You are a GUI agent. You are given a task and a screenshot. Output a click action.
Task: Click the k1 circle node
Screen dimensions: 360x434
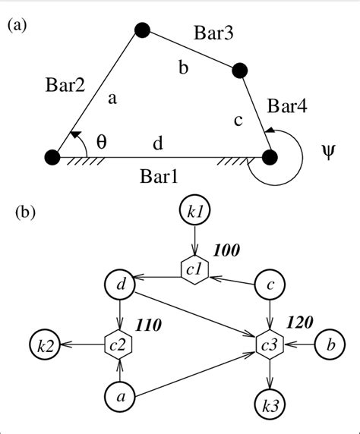[x=195, y=211]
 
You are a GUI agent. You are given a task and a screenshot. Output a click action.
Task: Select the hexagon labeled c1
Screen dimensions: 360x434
[x=194, y=270]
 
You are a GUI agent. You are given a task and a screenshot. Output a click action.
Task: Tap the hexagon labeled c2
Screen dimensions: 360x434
[x=118, y=344]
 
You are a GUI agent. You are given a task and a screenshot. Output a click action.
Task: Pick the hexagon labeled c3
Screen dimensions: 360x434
[x=270, y=344]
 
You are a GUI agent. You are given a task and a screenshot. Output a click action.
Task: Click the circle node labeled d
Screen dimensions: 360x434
[x=120, y=284]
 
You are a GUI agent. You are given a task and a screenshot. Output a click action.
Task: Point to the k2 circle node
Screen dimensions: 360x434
[x=45, y=344]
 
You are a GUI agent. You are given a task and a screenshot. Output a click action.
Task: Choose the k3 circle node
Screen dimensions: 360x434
[x=270, y=405]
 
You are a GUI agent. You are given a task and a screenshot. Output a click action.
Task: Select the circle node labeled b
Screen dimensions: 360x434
[x=330, y=344]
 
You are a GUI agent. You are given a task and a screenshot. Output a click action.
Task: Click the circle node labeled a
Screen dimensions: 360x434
[x=120, y=397]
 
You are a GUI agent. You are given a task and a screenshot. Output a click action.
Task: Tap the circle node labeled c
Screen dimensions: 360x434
[x=270, y=284]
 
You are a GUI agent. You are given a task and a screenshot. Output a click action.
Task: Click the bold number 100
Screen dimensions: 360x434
[x=226, y=250]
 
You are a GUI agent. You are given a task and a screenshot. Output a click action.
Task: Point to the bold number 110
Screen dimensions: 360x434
[x=148, y=325]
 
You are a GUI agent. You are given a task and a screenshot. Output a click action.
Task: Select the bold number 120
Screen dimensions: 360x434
[x=299, y=322]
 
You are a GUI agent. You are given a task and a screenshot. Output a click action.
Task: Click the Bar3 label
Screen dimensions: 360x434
[x=213, y=33]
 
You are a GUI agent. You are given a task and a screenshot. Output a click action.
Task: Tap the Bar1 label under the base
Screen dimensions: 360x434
[x=159, y=176]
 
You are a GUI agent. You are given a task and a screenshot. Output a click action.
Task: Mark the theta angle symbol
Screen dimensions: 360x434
[x=102, y=143]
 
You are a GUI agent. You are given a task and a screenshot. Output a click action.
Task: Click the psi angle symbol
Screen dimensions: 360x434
[x=328, y=152]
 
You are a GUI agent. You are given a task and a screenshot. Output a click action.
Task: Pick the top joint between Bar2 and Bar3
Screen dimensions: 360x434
[x=143, y=30]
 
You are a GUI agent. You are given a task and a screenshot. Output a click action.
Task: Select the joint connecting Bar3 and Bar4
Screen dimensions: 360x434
[x=239, y=71]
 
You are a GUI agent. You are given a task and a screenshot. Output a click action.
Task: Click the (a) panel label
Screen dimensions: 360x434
[x=17, y=26]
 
